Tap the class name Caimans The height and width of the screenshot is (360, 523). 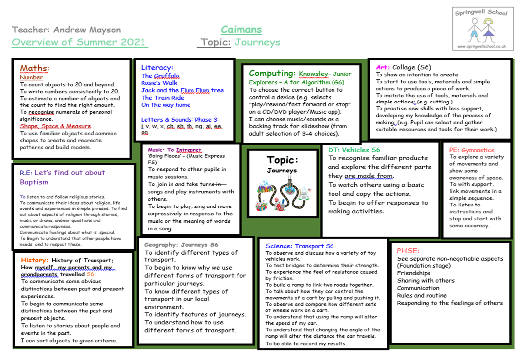tap(241, 30)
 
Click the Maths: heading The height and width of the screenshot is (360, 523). tap(35, 68)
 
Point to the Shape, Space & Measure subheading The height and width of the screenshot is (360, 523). tap(55, 126)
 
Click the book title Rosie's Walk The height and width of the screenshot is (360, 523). tap(159, 83)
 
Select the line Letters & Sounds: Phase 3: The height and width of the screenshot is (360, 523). tap(180, 119)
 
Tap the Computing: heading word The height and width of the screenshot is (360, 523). tap(272, 73)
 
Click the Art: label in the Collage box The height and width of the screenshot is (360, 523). tap(382, 67)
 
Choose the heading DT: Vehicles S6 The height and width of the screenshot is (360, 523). tap(354, 150)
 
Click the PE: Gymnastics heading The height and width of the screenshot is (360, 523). tap(471, 150)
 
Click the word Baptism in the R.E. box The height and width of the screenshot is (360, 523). tap(34, 182)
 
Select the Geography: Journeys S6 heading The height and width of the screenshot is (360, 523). tap(181, 245)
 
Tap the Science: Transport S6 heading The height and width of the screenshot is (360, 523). tap(299, 246)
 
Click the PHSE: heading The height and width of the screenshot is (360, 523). tap(408, 251)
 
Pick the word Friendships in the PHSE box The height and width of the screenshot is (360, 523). tap(414, 273)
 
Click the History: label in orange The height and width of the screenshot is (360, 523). tap(34, 260)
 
